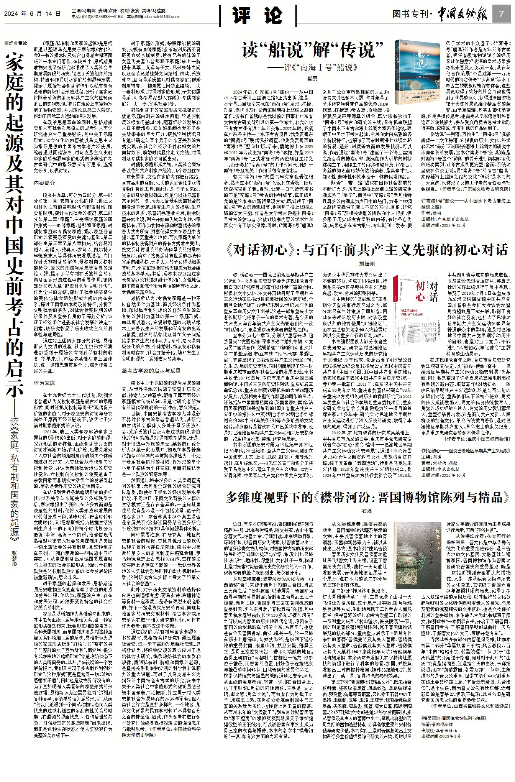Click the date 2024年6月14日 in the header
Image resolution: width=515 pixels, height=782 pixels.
point(32,14)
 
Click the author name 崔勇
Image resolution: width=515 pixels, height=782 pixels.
point(312,79)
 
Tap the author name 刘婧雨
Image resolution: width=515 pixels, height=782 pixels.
point(367,264)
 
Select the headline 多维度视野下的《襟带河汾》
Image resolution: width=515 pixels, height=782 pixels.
point(368,497)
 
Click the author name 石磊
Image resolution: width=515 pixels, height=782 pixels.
point(367,511)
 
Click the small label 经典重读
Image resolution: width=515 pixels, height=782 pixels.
point(16,43)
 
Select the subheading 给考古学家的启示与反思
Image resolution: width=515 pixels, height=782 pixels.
point(151,371)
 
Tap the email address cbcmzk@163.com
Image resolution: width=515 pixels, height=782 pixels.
point(164,16)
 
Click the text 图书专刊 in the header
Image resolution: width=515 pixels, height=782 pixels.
point(410,14)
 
